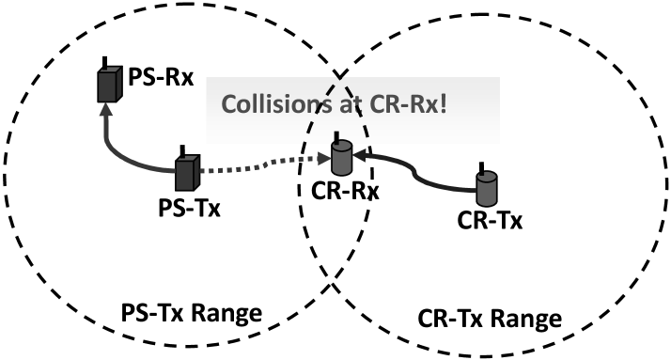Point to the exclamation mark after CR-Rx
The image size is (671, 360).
(x=443, y=103)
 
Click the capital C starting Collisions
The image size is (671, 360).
(x=229, y=104)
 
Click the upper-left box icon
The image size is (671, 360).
(x=110, y=85)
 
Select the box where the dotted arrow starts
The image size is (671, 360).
(x=187, y=173)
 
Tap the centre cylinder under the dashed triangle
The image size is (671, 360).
(x=342, y=159)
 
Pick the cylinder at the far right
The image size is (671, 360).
(x=486, y=189)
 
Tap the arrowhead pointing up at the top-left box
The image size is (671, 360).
(x=105, y=109)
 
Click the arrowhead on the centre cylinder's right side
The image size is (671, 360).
(x=358, y=158)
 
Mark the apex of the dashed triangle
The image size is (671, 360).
(x=340, y=79)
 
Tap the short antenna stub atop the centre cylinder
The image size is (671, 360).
(x=341, y=138)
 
